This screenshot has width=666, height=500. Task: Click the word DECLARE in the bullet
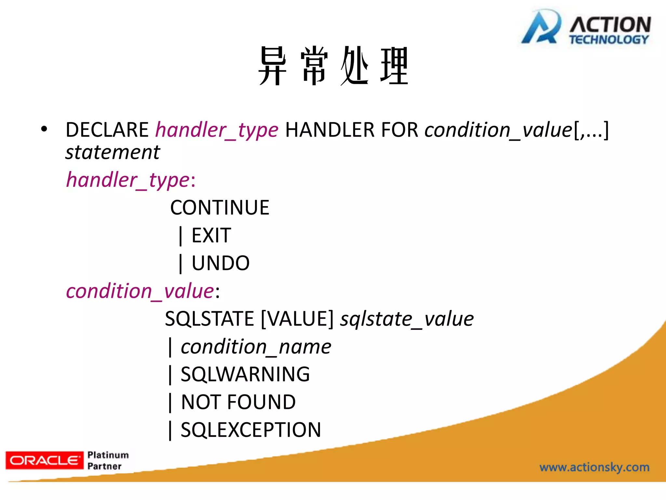coord(107,130)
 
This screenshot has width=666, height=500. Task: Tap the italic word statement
coord(113,152)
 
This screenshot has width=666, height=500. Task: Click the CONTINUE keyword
coord(220,208)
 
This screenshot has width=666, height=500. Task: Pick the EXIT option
coord(211,235)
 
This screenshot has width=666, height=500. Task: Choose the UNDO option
coord(220,263)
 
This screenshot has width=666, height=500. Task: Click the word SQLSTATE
coord(209,319)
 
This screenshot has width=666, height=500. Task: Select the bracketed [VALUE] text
coord(297,319)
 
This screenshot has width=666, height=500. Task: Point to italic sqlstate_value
coord(407,319)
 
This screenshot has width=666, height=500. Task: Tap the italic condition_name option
coord(256,347)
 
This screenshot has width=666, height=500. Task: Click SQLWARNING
coord(245,374)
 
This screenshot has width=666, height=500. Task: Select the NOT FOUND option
coord(238,402)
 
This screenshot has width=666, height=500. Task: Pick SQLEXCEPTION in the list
coord(251,430)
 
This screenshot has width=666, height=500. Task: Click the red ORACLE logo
coord(45,460)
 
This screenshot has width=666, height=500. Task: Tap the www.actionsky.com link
coord(594,467)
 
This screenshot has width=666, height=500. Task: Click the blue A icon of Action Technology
coord(541,28)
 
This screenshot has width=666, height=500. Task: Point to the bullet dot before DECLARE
coord(44,129)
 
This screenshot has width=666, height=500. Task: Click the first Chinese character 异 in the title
coord(273,66)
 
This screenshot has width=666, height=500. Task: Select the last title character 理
coord(394,66)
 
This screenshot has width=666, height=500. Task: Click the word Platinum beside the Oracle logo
coord(108,455)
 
